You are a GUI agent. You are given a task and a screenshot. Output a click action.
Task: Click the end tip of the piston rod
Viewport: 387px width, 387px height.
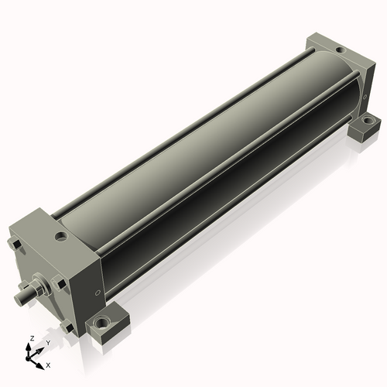click(x=19, y=299)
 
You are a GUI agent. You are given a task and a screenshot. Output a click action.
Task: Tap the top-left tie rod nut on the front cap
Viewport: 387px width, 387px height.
click(x=15, y=244)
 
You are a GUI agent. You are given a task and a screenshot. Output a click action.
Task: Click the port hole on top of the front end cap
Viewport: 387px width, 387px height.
click(x=61, y=236)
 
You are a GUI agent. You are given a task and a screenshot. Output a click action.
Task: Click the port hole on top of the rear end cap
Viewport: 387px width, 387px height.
click(x=341, y=50)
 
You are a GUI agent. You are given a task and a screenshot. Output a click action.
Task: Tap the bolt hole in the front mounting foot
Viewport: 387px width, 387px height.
click(x=101, y=322)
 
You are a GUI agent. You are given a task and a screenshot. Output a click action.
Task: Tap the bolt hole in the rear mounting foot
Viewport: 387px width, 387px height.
click(x=366, y=120)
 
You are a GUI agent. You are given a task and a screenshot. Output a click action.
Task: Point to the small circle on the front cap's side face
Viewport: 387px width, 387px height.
click(x=98, y=293)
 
